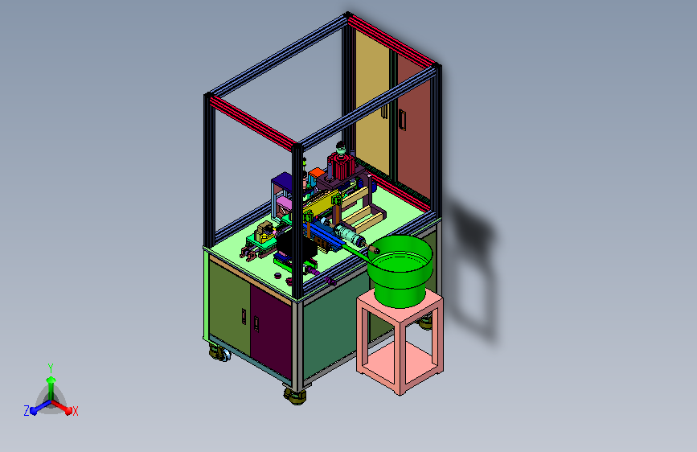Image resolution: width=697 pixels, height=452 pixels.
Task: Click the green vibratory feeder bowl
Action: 400,271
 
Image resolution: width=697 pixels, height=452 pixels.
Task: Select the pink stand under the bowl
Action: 400,343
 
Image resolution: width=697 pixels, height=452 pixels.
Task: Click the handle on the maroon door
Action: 256,324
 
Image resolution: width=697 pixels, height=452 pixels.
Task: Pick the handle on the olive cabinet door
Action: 244,316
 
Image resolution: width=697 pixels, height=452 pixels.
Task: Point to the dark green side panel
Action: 330,329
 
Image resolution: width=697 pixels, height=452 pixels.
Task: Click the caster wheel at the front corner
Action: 295,396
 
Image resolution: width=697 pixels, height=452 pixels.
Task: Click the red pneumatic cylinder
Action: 342,166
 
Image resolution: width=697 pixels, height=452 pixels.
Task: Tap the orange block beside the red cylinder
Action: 316,174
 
